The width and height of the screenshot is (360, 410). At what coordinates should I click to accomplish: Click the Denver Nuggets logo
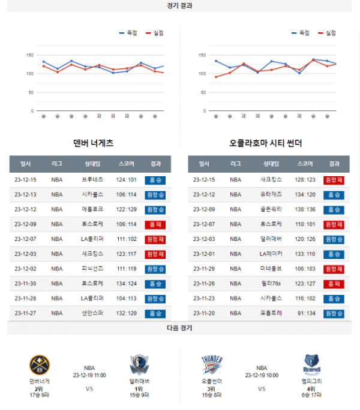pos(40,365)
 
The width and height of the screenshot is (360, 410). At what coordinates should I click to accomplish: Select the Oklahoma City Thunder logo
pos(212,365)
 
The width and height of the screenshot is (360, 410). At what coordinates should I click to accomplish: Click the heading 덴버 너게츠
pos(93,144)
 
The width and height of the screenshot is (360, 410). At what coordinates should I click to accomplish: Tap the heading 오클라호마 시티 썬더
pos(265,144)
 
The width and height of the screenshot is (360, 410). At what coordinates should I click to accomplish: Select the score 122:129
pos(127,209)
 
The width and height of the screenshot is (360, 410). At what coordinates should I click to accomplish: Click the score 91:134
pos(305,313)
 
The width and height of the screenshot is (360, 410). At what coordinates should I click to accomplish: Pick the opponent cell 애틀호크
pos(92,209)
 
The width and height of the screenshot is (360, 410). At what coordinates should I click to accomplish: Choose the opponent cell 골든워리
pos(271,209)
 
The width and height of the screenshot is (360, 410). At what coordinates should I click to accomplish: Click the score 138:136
pos(305,209)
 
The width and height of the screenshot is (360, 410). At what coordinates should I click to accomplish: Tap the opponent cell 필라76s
pos(271,284)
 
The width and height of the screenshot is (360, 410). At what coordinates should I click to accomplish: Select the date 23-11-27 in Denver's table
pos(26,313)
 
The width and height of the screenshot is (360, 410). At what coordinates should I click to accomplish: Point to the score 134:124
pos(127,284)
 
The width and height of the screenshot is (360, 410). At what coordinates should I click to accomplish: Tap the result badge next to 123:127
pos(334,284)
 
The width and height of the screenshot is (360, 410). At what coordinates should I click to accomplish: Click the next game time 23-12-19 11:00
pos(89,375)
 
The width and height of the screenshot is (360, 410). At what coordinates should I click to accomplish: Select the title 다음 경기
pos(180,328)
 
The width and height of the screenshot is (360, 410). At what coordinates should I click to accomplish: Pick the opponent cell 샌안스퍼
pos(92,313)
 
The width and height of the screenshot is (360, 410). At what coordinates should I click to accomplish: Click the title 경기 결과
pos(180,5)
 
